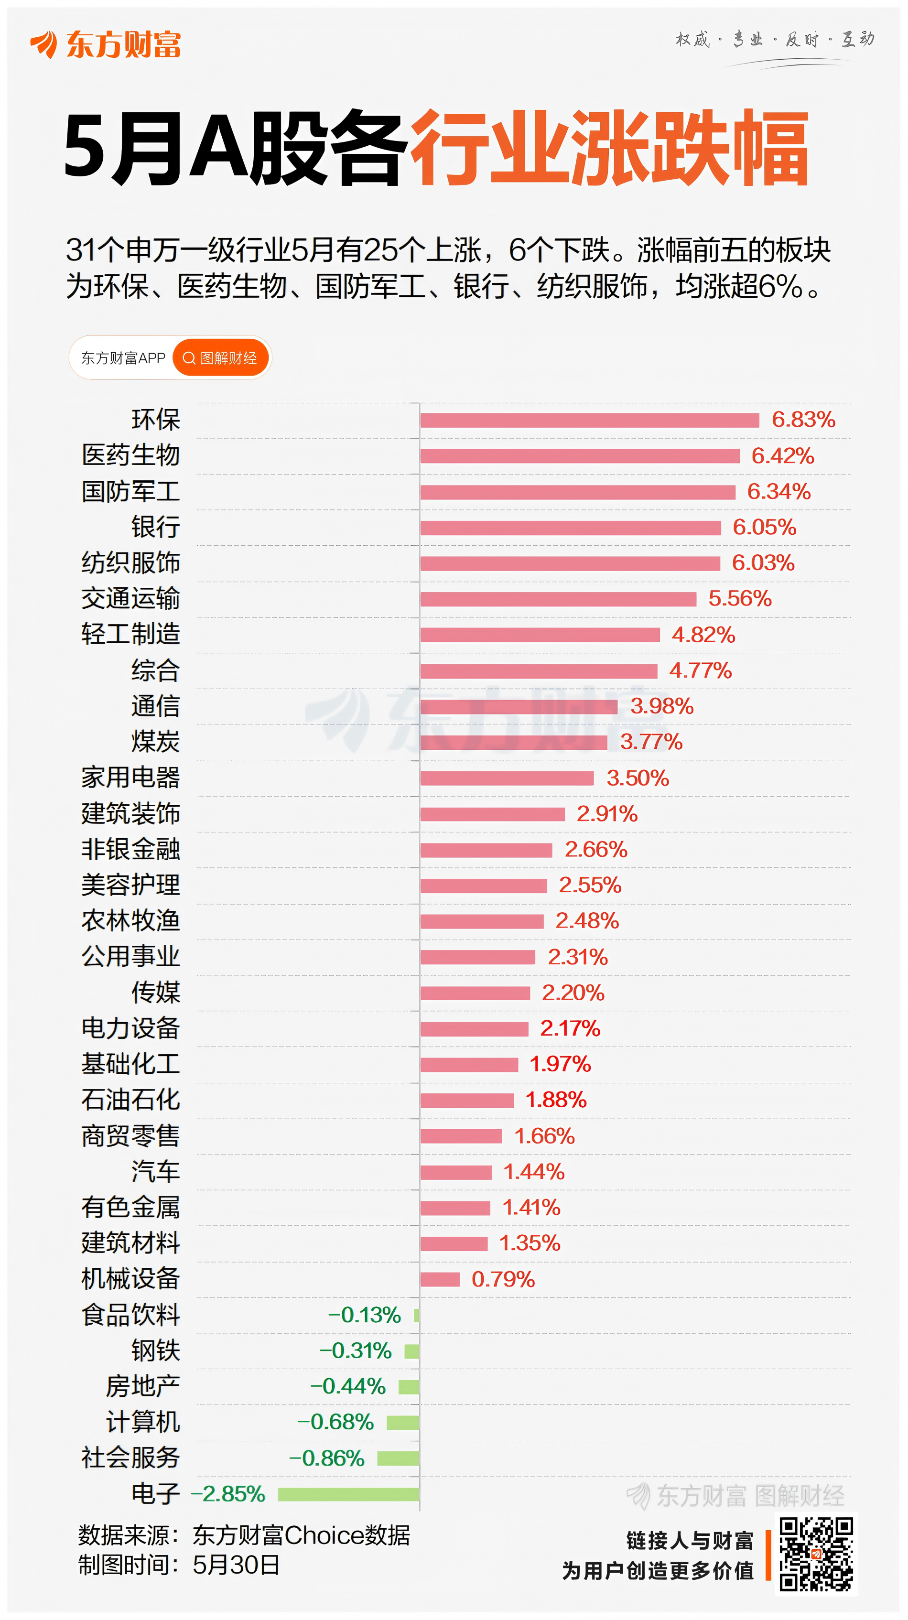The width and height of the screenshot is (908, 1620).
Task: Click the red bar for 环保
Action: pyautogui.click(x=589, y=420)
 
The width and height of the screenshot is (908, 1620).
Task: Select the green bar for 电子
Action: pyautogui.click(x=348, y=1494)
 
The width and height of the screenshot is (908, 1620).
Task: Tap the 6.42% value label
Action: pyautogui.click(x=782, y=456)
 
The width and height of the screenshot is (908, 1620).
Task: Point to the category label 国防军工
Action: pyautogui.click(x=131, y=492)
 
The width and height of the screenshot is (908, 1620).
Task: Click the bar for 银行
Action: pyautogui.click(x=570, y=528)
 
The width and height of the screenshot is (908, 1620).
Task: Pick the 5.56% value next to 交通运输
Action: pyautogui.click(x=739, y=599)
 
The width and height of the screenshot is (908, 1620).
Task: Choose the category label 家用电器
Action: pyautogui.click(x=131, y=778)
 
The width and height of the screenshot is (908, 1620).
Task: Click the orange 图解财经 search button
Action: pyautogui.click(x=221, y=358)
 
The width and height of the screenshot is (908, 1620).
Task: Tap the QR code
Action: pyautogui.click(x=816, y=1554)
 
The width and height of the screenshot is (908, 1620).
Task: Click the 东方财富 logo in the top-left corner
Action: pyautogui.click(x=106, y=44)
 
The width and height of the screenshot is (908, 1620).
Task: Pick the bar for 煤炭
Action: pyautogui.click(x=513, y=742)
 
